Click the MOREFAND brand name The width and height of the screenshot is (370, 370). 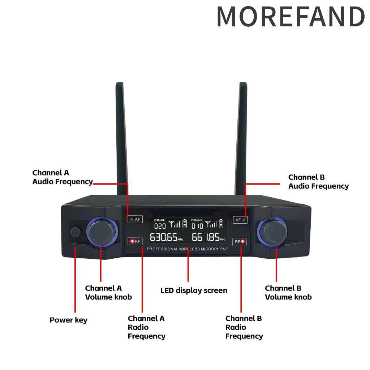(291, 17)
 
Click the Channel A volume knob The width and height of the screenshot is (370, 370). (102, 232)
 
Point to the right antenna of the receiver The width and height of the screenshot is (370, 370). (241, 139)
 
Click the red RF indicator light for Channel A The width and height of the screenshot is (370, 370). (132, 241)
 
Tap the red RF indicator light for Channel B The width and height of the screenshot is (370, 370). (242, 241)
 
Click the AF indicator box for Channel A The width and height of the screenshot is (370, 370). (135, 219)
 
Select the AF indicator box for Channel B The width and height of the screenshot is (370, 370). (240, 220)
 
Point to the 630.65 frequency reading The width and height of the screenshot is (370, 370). (167, 237)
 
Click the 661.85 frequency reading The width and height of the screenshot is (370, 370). (208, 237)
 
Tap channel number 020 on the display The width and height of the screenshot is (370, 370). (160, 226)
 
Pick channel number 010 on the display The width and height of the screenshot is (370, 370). (197, 226)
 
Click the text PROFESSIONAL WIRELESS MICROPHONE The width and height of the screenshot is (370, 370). (188, 249)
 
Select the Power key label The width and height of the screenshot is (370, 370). (68, 320)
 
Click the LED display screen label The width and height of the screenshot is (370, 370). (194, 291)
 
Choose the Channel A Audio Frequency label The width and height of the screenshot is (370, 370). (63, 177)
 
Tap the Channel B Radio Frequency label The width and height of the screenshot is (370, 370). (244, 327)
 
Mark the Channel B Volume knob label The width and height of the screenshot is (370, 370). (288, 293)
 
